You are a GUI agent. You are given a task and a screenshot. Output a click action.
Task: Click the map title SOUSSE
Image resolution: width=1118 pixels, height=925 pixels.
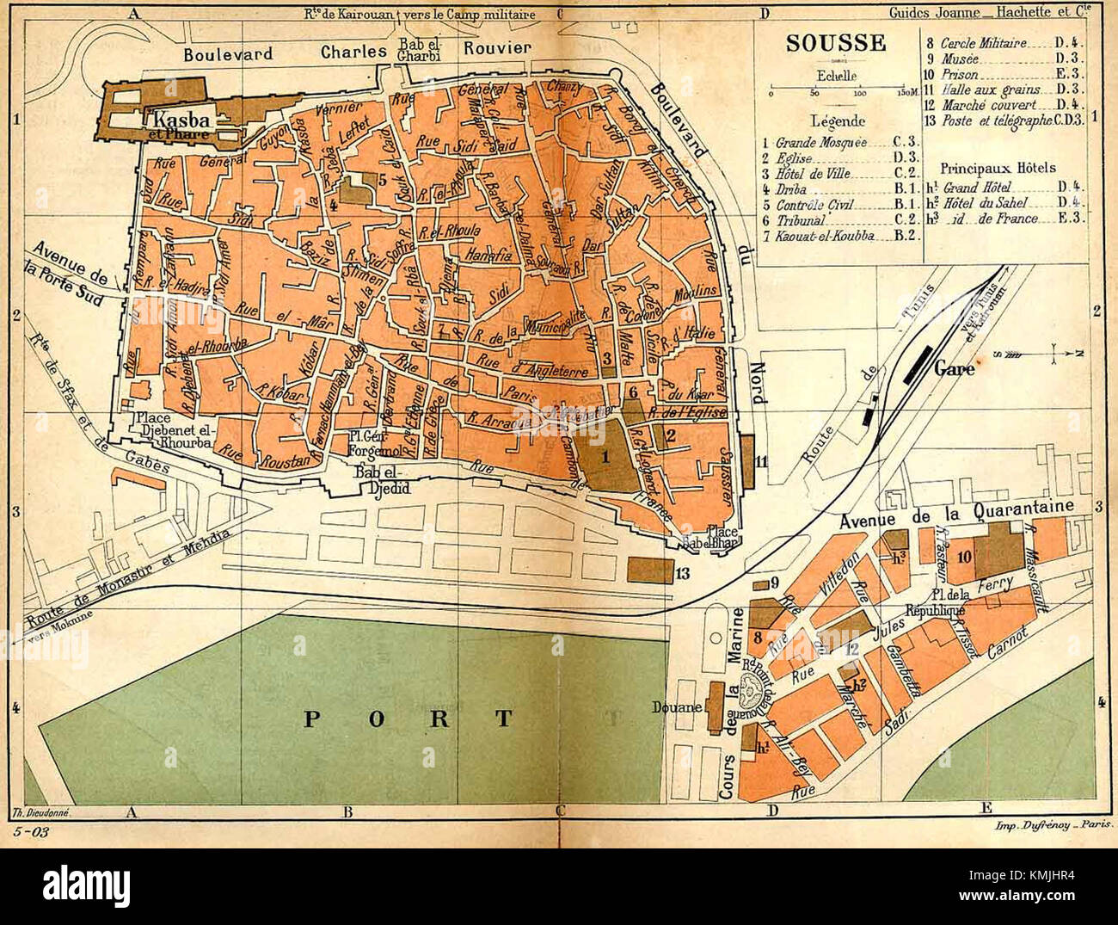[835, 43]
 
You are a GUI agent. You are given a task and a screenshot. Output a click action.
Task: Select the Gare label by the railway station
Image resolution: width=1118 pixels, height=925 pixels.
[955, 368]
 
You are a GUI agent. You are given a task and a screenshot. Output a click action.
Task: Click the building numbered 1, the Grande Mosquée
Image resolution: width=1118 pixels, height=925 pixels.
[605, 458]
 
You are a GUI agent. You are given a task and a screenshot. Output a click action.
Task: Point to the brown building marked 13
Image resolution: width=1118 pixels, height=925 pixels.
[650, 570]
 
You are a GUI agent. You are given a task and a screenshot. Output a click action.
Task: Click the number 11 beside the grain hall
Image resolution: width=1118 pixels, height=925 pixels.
[761, 462]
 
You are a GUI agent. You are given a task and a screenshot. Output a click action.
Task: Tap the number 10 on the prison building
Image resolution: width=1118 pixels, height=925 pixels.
[964, 557]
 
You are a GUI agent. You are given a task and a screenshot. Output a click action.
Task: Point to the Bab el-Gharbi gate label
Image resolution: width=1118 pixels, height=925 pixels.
[418, 50]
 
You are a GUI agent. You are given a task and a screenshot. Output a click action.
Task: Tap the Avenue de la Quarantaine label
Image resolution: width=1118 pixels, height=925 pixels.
[956, 514]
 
